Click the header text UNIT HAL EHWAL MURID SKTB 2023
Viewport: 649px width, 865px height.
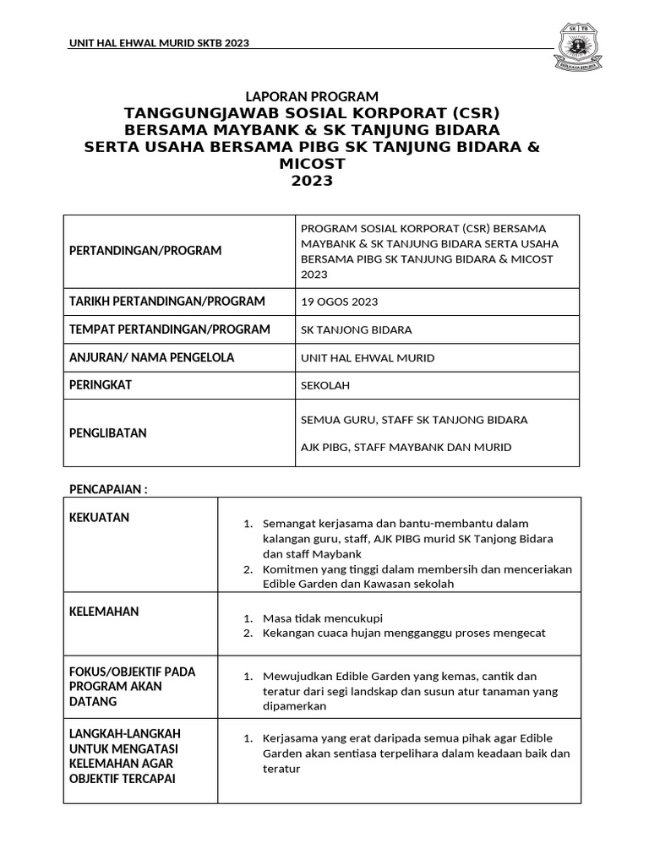point(159,43)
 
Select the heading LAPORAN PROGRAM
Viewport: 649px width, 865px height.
point(312,96)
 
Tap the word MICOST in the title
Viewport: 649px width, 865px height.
point(312,163)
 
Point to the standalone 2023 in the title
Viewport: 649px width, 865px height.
point(312,180)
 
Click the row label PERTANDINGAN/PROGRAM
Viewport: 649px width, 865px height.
point(145,251)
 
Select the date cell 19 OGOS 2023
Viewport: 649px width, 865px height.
point(340,302)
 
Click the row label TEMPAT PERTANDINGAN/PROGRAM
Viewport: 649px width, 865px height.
point(169,329)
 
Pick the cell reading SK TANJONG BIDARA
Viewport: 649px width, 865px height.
point(357,329)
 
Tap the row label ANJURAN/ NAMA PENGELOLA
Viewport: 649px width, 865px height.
point(151,357)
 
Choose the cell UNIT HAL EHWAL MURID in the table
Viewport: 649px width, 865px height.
point(368,357)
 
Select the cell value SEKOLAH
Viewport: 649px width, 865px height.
point(325,385)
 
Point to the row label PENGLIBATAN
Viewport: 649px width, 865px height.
point(107,432)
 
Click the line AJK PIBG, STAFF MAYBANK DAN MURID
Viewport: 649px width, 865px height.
point(406,447)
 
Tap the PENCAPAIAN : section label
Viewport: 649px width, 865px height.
point(107,489)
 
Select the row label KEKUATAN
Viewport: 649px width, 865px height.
point(99,517)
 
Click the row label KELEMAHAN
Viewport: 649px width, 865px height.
point(103,612)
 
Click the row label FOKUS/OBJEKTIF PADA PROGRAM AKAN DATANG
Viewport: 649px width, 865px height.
point(131,687)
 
